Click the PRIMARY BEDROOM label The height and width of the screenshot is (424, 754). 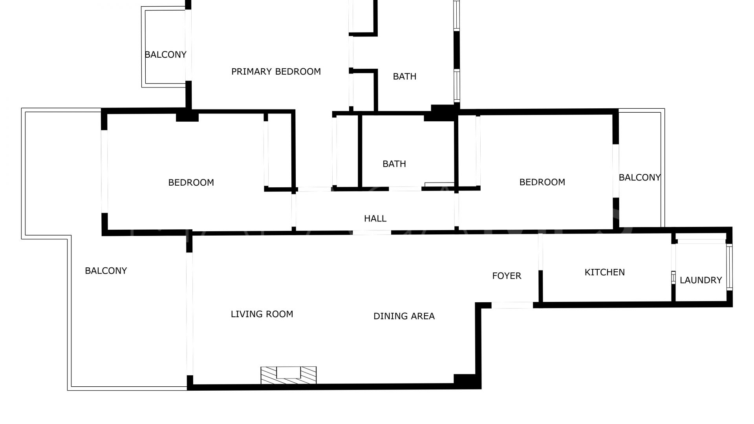pos(276,71)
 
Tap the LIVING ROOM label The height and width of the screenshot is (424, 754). pos(262,314)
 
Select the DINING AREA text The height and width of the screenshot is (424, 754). pos(404,316)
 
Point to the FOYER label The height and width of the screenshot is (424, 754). pos(507,276)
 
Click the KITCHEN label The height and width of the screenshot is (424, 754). pos(605,272)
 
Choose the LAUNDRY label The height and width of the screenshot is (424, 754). pos(701,280)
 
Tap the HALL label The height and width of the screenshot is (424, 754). pos(375,219)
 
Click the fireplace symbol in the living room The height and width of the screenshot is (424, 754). pos(289,375)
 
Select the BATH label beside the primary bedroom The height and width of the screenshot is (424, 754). pos(404,77)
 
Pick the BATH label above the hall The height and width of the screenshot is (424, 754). pos(394,164)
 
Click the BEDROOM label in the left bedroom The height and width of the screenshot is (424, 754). pos(191,183)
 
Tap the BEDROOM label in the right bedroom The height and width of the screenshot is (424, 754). pos(542,182)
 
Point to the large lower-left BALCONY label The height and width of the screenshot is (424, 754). pos(106,271)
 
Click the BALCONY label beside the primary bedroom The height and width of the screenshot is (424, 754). pos(165,55)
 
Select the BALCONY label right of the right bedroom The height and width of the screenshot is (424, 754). pos(640,177)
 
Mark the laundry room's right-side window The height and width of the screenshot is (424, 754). pos(730,267)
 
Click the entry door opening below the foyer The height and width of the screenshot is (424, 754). pos(512,305)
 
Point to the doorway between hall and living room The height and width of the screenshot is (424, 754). pos(372,232)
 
